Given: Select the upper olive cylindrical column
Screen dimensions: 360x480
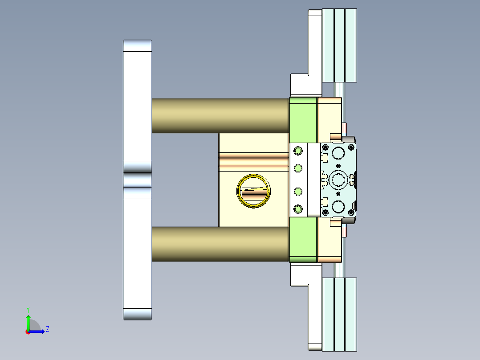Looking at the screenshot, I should click(x=220, y=115).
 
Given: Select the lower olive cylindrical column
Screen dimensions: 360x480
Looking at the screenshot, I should click(x=220, y=244).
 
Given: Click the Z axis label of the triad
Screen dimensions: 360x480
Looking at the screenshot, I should click(x=47, y=329).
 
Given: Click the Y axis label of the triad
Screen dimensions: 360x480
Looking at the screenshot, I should click(x=28, y=309).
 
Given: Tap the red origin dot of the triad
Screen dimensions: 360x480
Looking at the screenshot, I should click(x=28, y=332).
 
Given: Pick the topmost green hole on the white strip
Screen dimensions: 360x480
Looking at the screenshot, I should click(x=298, y=151).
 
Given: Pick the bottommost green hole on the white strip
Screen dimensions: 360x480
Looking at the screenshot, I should click(x=298, y=208).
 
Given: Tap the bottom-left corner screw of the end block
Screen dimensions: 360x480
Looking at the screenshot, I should click(x=325, y=212).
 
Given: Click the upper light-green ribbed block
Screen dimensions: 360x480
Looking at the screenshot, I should click(x=339, y=45).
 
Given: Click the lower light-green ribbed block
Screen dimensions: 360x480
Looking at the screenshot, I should click(x=339, y=314).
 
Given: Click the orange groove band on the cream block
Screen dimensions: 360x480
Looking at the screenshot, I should click(x=253, y=159).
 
